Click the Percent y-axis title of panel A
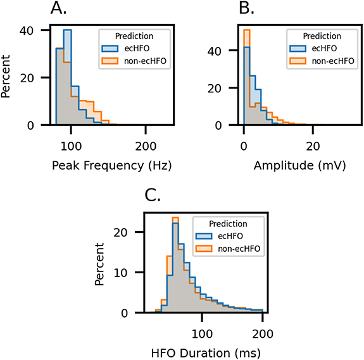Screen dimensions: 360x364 tap(9, 77)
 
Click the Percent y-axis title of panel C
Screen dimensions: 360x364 tap(101, 264)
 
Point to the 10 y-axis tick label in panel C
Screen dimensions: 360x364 tap(129, 273)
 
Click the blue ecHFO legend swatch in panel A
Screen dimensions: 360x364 tap(111, 47)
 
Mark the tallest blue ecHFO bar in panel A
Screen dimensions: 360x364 tap(67, 30)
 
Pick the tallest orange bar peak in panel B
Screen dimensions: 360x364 tap(247, 30)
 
